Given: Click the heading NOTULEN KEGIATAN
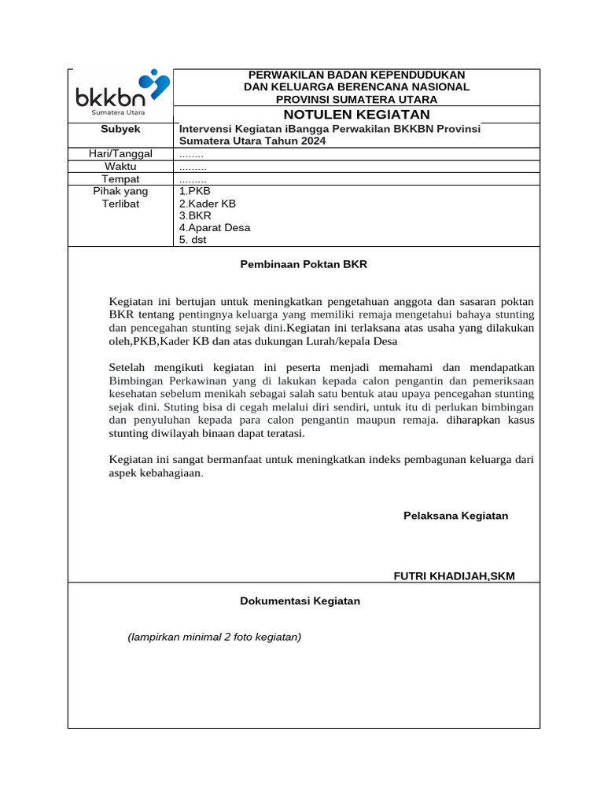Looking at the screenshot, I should pos(356,115).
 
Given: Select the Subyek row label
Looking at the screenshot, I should pos(120,129).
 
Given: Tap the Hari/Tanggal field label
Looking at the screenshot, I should pos(120,154).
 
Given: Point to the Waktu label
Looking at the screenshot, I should pos(120,167).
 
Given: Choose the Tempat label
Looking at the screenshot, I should pos(120,179).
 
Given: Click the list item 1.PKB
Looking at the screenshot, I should pos(195,191).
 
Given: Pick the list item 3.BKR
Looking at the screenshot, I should pos(195,215).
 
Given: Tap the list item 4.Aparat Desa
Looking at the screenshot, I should pos(215,228).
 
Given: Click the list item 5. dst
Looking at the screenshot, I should pos(193,240).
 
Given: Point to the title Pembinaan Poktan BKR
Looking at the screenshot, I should pos(304,265).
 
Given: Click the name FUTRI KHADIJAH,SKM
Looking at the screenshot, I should pos(454,576).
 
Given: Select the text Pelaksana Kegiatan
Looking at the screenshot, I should pos(455,516).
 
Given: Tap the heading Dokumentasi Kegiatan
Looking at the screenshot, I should pos(300,601).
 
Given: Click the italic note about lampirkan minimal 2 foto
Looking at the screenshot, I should pos(215,638).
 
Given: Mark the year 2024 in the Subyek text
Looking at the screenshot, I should pos(311,141).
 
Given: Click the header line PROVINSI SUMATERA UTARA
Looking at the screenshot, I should pos(356,99).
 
